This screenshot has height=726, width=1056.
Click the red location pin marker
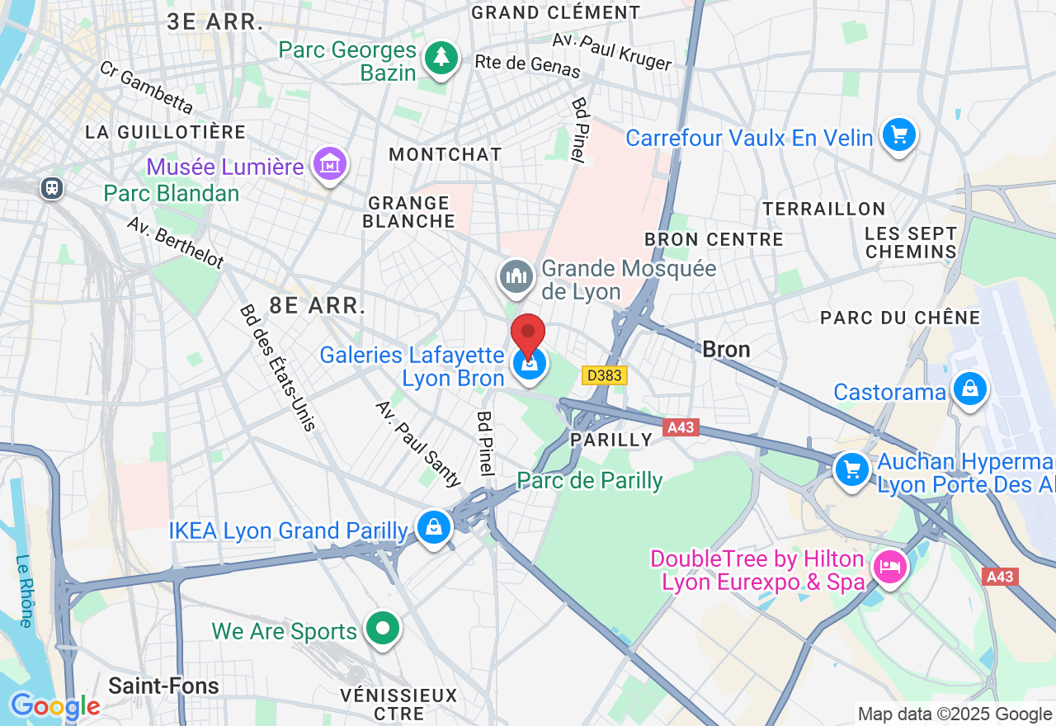click(x=528, y=335)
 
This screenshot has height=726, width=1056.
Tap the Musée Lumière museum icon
click(x=330, y=164)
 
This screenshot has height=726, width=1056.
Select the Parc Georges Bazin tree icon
click(x=441, y=57)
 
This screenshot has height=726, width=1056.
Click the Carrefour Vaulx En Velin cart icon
click(x=898, y=134)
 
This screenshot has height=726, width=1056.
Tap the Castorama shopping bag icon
click(x=969, y=388)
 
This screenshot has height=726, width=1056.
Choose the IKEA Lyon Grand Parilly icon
click(x=434, y=526)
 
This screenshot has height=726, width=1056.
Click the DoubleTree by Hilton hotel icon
click(x=890, y=567)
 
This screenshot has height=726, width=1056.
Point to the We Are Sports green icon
click(x=382, y=629)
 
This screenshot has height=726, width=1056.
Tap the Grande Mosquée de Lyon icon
click(x=516, y=276)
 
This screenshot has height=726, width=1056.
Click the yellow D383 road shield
click(x=605, y=375)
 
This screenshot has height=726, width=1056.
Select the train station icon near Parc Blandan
click(x=52, y=188)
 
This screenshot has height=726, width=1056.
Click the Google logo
click(x=55, y=706)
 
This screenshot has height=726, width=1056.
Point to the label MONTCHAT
click(x=445, y=154)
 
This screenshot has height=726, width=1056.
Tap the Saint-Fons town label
click(x=163, y=686)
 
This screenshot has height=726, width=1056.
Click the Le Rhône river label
click(x=24, y=591)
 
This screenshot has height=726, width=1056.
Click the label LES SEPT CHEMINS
click(x=910, y=243)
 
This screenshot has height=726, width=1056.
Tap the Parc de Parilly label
click(x=589, y=480)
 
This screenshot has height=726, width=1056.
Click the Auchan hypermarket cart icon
click(x=852, y=469)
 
